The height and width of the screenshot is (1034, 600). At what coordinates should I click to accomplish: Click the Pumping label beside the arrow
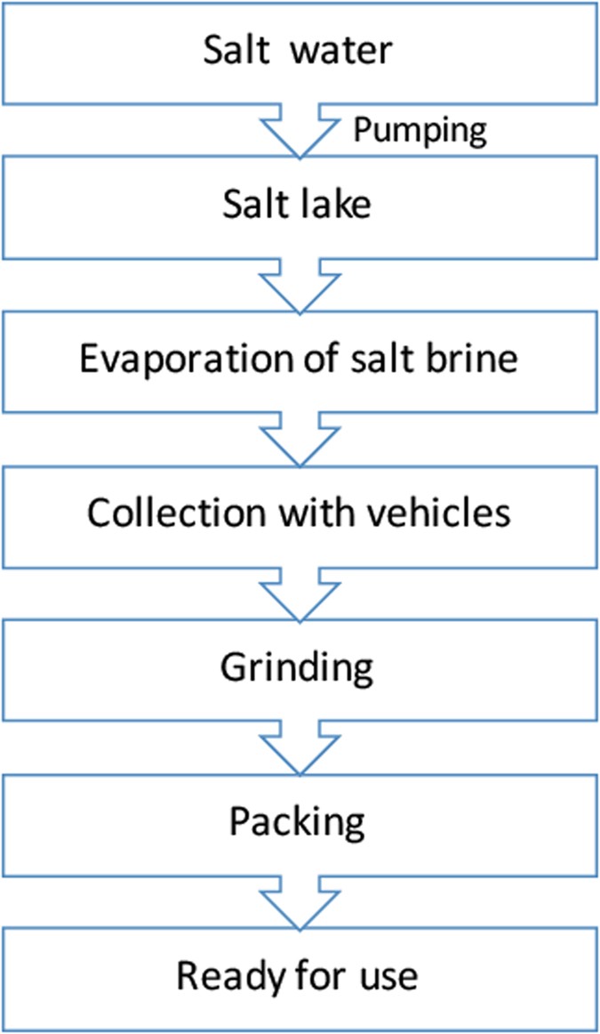click(x=420, y=130)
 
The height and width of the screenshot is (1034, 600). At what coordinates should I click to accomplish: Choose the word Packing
click(x=299, y=823)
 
